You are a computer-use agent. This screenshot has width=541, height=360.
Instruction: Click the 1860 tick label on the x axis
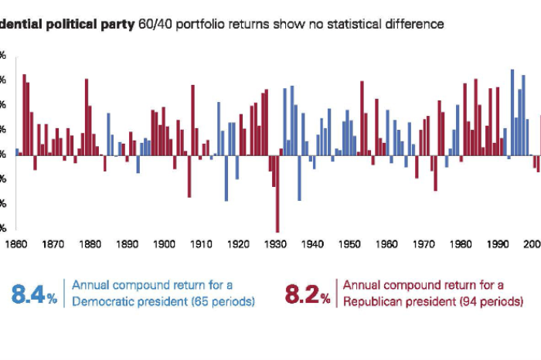tap(15, 244)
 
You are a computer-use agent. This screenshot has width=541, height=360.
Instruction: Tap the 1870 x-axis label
tap(53, 244)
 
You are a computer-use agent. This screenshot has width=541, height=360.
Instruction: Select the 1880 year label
tap(90, 244)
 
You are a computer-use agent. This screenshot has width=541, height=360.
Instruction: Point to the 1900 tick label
tap(164, 244)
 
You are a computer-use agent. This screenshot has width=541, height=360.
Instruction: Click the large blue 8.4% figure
tap(34, 294)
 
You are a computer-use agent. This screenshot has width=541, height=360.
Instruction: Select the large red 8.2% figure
tap(308, 294)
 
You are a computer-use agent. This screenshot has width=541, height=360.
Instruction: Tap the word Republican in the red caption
tap(371, 301)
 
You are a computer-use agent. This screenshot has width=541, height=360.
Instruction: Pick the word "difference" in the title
tap(417, 24)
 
